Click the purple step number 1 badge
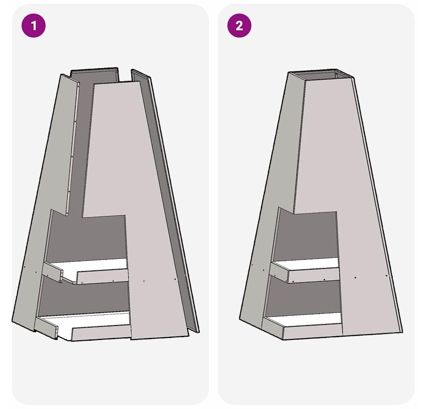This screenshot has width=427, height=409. click(x=34, y=26)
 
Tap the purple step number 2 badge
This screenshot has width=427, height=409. click(x=239, y=26)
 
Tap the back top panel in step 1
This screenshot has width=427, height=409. click(x=94, y=75)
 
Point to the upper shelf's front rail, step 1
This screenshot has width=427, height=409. click(x=102, y=276)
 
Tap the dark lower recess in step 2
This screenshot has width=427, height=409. click(x=304, y=297)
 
